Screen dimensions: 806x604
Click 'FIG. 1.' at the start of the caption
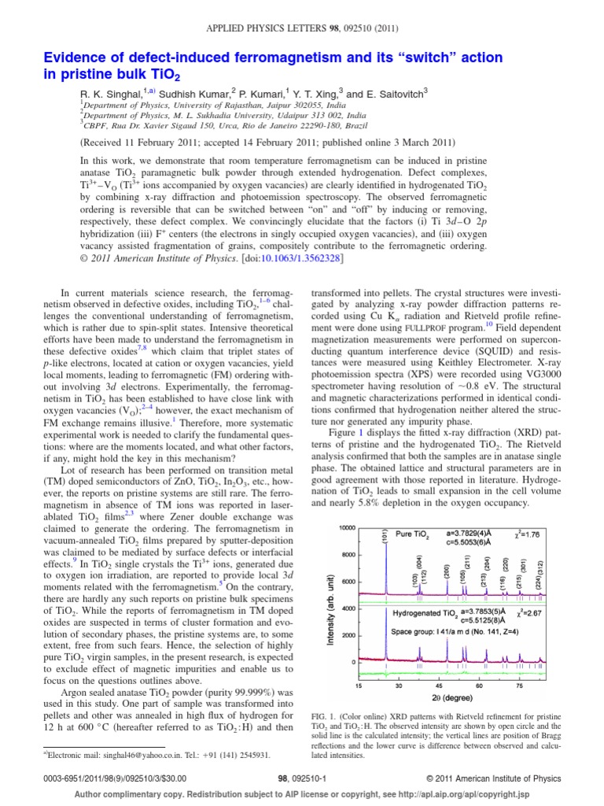click(327, 715)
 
